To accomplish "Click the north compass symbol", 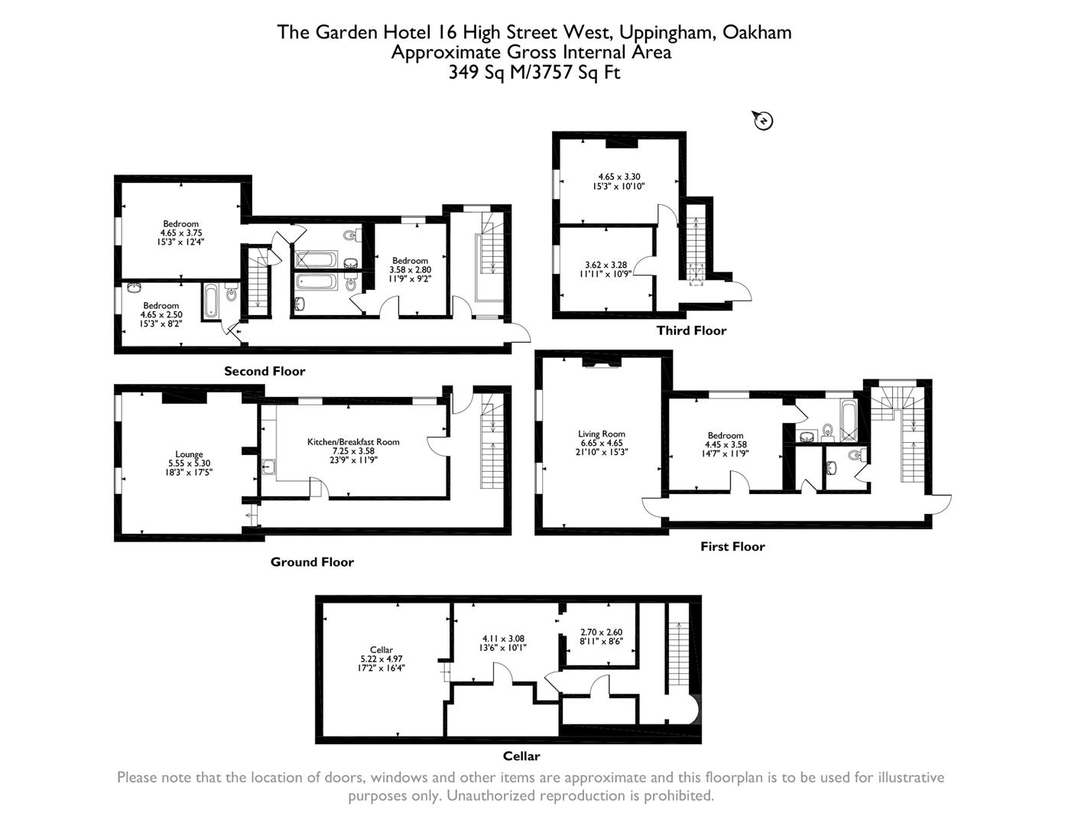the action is [763, 121].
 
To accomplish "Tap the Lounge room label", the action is [190, 454].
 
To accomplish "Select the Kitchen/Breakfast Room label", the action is [353, 442].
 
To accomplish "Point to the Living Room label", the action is [602, 434].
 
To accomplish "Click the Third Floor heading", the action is [692, 330].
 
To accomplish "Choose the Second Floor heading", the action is [265, 371].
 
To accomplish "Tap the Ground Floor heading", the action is [312, 562].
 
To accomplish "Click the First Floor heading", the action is [733, 547].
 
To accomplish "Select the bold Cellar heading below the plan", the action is [521, 756].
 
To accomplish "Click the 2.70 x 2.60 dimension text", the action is [602, 633].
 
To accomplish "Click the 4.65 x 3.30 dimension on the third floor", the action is [618, 177].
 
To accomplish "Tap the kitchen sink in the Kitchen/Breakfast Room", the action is [268, 467].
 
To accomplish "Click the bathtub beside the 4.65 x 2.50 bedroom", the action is [210, 300].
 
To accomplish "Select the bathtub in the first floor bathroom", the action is [849, 421].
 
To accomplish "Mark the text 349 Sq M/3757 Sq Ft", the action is [534, 72].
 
